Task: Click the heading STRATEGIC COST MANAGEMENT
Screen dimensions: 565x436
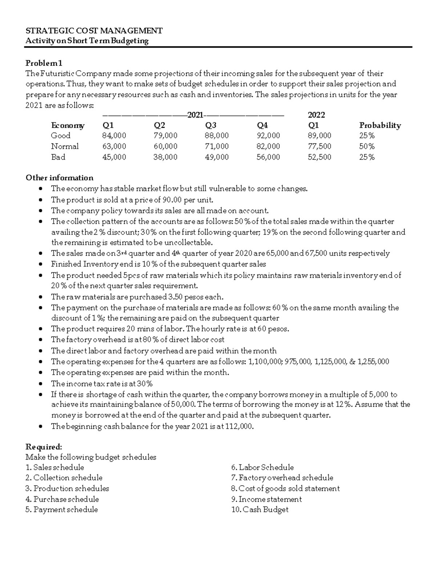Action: pyautogui.click(x=94, y=31)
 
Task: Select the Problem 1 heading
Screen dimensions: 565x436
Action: pyautogui.click(x=44, y=63)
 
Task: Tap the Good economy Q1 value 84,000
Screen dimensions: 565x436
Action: pyautogui.click(x=114, y=136)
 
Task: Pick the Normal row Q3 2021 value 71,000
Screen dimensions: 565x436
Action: pyautogui.click(x=217, y=146)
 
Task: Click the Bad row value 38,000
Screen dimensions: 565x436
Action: pyautogui.click(x=166, y=157)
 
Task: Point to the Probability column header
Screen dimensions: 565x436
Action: pyautogui.click(x=380, y=126)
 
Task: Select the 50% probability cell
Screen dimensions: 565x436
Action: pyautogui.click(x=367, y=146)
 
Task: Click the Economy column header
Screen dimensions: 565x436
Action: pyautogui.click(x=68, y=126)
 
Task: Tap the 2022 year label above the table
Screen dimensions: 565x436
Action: pyautogui.click(x=316, y=115)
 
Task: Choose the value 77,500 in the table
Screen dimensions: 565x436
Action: pyautogui.click(x=319, y=146)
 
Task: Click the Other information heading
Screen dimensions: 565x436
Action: pyautogui.click(x=59, y=178)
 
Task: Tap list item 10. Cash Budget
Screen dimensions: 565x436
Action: pyautogui.click(x=260, y=509)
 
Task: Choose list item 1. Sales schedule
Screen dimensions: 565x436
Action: pyautogui.click(x=54, y=467)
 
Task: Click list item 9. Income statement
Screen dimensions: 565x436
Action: pyautogui.click(x=266, y=499)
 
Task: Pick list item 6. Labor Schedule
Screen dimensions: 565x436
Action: pyautogui.click(x=262, y=467)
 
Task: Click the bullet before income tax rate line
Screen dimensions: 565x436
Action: pyautogui.click(x=43, y=384)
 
